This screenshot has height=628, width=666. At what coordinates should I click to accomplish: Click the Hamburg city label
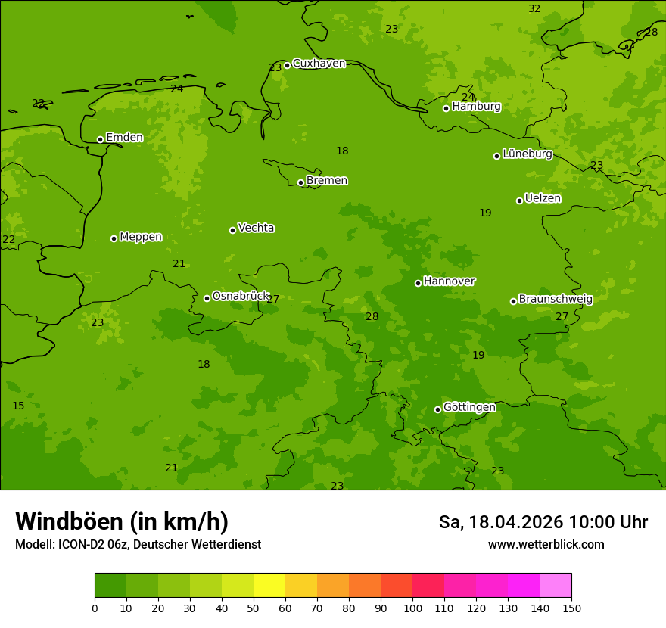[x=476, y=107]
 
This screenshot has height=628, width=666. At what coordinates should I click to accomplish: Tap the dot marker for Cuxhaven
[x=287, y=65]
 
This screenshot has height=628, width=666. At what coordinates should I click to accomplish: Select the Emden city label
[x=124, y=137]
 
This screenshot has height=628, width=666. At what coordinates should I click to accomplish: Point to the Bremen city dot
[x=300, y=182]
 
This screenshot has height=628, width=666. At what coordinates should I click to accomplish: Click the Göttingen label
[x=469, y=407]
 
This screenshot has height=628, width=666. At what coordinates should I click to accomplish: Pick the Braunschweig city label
[x=556, y=299]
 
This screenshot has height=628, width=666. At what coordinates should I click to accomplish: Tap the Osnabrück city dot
[x=207, y=298]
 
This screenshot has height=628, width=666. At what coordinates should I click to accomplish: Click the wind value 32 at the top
[x=534, y=8]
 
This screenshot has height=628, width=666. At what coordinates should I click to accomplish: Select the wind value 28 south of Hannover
[x=372, y=316]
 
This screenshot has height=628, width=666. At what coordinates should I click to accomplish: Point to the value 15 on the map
[x=18, y=406]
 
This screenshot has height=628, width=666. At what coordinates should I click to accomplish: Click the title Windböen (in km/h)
[x=122, y=521]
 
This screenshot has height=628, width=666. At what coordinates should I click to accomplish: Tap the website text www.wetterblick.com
[x=546, y=544]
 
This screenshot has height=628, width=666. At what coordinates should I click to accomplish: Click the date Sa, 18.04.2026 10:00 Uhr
[x=543, y=522]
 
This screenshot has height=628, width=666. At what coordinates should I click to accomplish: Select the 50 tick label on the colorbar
[x=254, y=608]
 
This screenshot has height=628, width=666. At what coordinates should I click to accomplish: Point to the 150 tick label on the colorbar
[x=571, y=608]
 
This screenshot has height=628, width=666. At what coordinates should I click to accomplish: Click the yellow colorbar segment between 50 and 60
[x=269, y=586]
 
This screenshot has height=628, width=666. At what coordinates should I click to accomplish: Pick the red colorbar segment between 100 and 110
[x=428, y=586]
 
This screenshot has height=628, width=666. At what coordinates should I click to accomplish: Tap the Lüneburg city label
[x=527, y=154]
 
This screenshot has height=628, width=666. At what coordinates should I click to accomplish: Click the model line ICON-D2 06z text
[x=138, y=544]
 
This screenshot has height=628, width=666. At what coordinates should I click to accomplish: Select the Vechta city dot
[x=232, y=230]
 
